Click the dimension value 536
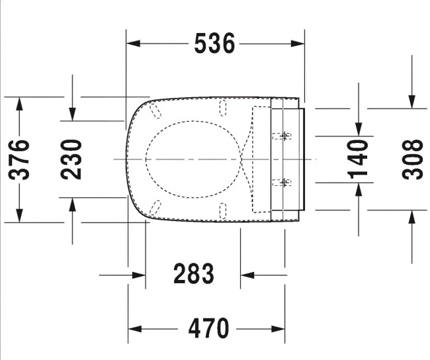pyautogui.click(x=215, y=44)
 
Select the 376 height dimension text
pyautogui.click(x=19, y=159)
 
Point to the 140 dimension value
pyautogui.click(x=358, y=159)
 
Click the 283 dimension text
pyautogui.click(x=193, y=273)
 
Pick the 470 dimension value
pyautogui.click(x=208, y=328)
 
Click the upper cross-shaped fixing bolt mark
pyautogui.click(x=284, y=136)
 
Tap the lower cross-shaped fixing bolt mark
pyautogui.click(x=284, y=181)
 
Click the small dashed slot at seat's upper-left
pyautogui.click(x=155, y=109)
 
